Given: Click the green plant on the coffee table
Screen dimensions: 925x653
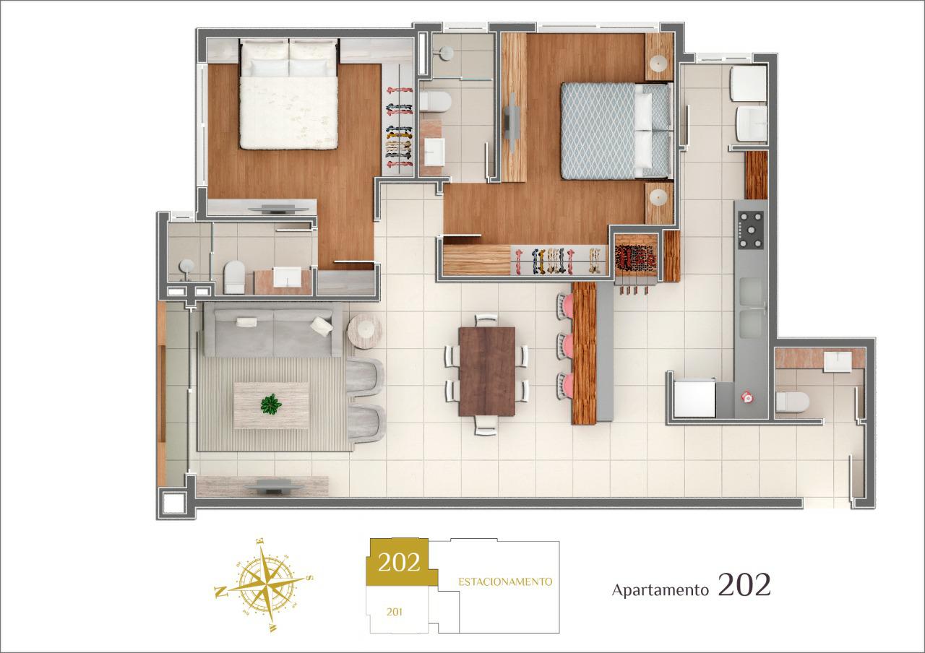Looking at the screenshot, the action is [x=271, y=404].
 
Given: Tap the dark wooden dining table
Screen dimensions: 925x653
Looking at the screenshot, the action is [x=487, y=371].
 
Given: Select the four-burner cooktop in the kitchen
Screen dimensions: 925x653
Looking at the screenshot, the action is [x=751, y=230].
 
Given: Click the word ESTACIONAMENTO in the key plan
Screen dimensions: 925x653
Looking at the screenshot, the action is [x=505, y=582].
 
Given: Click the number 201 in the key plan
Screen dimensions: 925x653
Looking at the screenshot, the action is [x=395, y=612].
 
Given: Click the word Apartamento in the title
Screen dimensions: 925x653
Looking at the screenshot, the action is [x=660, y=590].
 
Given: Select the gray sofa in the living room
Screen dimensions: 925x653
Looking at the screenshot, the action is [x=273, y=329].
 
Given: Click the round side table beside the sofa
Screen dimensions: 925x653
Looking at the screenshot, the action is [x=365, y=331].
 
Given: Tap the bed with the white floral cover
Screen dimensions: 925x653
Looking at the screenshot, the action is [x=288, y=94].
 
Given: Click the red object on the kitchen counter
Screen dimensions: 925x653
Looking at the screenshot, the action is [x=747, y=397].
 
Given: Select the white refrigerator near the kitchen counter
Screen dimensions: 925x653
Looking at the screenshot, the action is [x=694, y=398].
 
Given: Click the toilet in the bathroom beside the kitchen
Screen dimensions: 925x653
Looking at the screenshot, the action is [x=792, y=402].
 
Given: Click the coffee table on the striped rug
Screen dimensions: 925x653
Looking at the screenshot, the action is [x=271, y=406].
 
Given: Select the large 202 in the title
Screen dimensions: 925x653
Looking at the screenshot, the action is [x=744, y=585].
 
